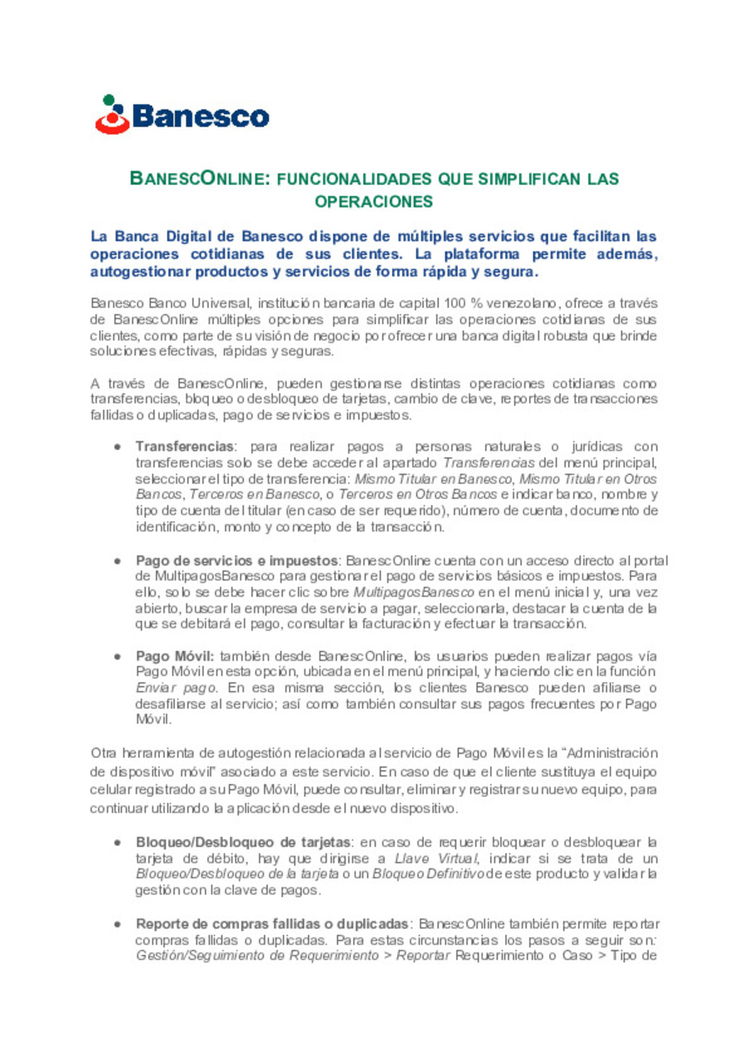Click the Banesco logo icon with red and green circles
tap(113, 115)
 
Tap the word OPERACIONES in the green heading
tap(374, 201)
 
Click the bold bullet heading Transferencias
tap(184, 447)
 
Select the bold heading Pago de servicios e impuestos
tap(236, 561)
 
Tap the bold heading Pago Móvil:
tap(175, 656)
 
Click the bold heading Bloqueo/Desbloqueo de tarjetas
tap(243, 843)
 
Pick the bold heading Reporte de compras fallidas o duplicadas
tap(271, 924)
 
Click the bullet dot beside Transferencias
tap(118, 447)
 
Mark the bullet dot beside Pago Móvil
tap(118, 656)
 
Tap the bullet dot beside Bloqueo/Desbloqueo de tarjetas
tap(118, 843)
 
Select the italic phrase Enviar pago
tap(176, 688)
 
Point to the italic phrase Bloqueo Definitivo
tap(428, 874)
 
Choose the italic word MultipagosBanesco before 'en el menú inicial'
tap(413, 593)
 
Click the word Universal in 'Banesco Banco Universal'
tap(221, 303)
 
